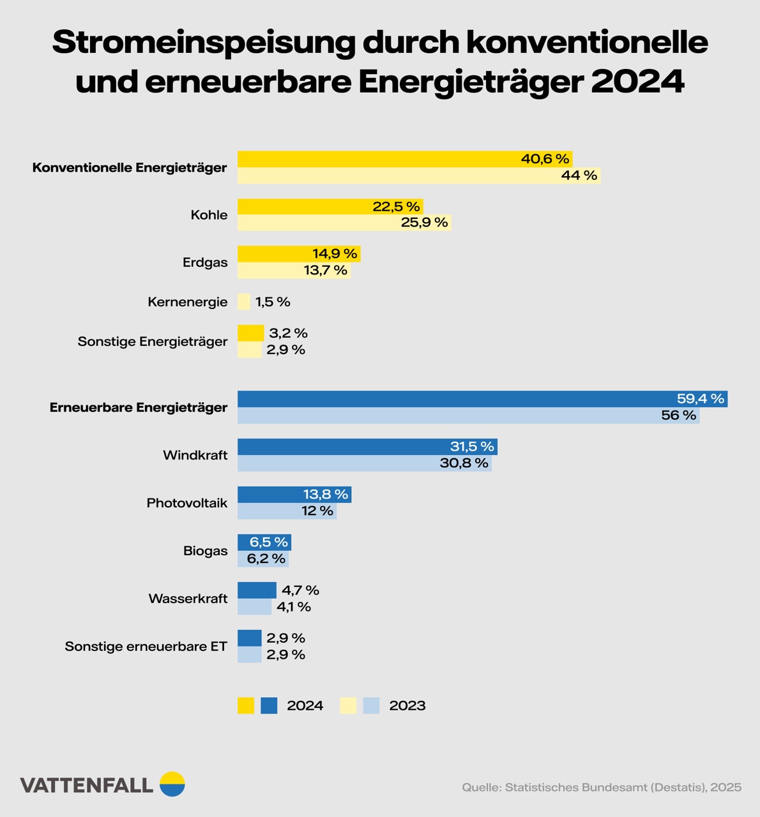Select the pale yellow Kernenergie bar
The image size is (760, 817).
click(244, 302)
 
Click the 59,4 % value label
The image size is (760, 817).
click(701, 399)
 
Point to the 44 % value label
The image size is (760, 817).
click(579, 176)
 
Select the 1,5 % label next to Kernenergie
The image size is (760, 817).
click(273, 302)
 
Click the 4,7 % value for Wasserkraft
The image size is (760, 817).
click(300, 590)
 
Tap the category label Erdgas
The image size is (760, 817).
click(205, 262)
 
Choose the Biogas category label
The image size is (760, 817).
click(205, 551)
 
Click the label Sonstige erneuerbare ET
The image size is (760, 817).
click(146, 647)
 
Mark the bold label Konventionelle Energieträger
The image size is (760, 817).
click(130, 168)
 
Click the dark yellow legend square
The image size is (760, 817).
click(246, 705)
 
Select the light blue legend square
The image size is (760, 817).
click(371, 705)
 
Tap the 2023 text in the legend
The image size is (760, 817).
click(407, 705)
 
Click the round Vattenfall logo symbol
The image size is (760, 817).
click(172, 784)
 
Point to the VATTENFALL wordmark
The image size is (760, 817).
click(86, 785)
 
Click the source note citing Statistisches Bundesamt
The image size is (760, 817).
click(602, 787)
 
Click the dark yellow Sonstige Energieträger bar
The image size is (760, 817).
click(250, 333)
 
